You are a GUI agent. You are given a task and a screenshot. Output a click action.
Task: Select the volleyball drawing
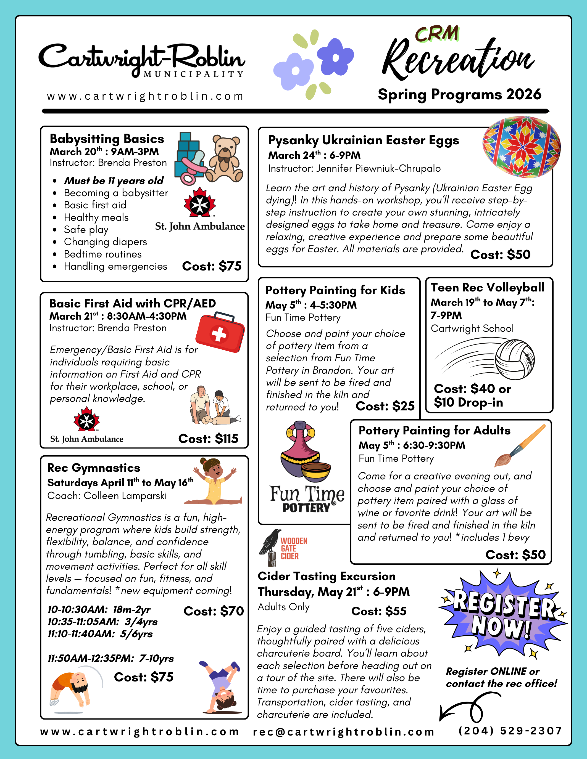coord(515,359)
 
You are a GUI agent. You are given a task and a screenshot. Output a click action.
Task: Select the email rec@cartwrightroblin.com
coord(344,732)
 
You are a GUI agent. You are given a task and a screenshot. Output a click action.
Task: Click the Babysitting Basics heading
coord(107,139)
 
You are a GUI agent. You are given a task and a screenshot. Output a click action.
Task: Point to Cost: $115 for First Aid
coord(208,439)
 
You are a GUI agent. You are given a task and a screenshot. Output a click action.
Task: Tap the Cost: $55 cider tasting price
coord(379,611)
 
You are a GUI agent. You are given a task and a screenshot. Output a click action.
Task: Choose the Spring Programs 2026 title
coord(459,94)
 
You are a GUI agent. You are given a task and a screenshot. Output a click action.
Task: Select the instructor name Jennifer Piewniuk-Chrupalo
coord(354,169)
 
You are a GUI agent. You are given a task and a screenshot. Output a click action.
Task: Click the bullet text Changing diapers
coord(105,242)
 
